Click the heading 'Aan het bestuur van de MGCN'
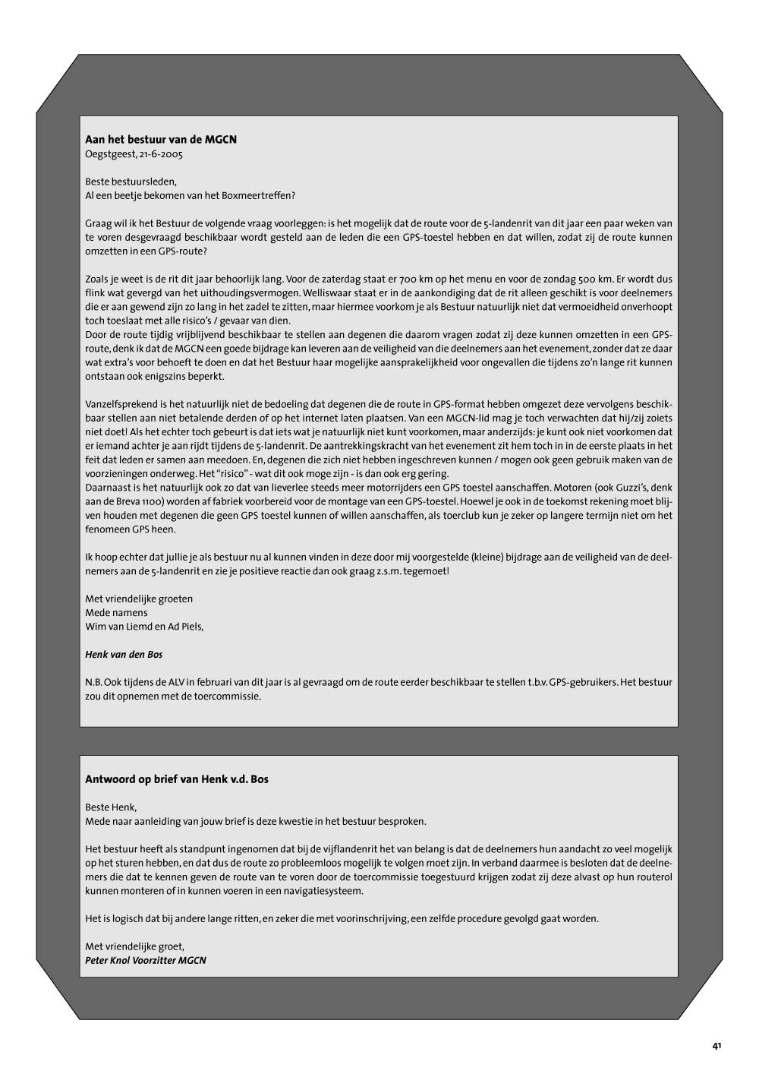click(161, 140)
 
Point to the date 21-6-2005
click(161, 154)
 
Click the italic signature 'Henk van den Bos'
click(124, 654)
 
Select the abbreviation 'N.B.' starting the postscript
click(94, 682)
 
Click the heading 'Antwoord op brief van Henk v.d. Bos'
click(177, 779)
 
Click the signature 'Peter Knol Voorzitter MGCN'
click(146, 960)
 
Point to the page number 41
click(716, 1046)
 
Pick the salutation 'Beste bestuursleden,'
click(131, 182)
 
